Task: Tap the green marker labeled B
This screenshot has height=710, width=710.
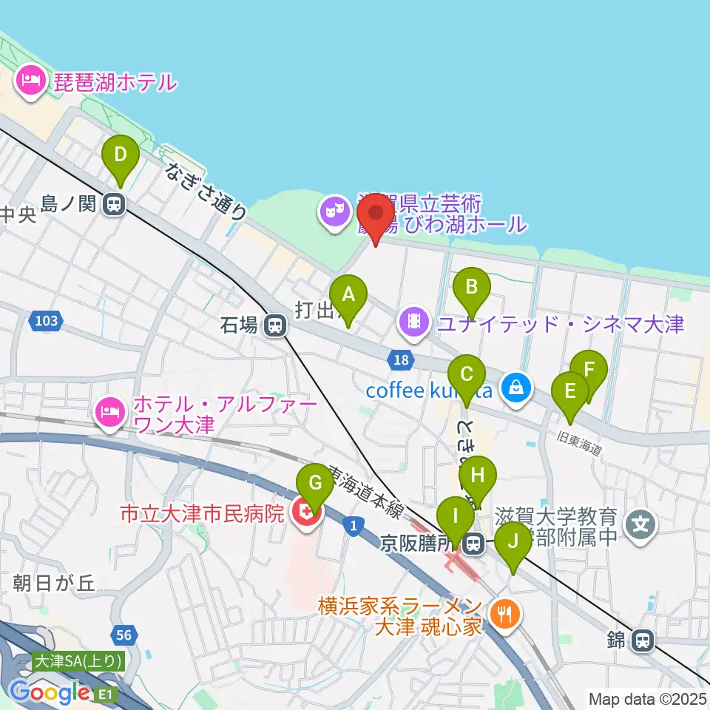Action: (472, 286)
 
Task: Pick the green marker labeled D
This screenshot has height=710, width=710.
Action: (120, 157)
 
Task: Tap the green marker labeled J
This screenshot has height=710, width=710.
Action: (513, 543)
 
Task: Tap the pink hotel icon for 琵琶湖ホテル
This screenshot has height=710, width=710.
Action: (30, 81)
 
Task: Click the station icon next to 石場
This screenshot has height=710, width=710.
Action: (275, 325)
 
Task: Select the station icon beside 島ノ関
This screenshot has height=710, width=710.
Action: (114, 203)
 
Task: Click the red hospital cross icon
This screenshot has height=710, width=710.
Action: (303, 513)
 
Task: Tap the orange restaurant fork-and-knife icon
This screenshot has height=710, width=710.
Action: (506, 612)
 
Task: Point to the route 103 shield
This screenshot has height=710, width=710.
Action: (46, 321)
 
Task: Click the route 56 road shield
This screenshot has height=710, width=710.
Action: (124, 634)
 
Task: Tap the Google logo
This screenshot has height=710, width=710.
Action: (50, 693)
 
